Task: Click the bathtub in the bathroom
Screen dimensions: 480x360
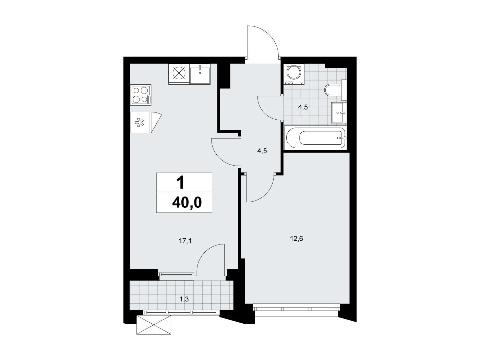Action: click(315, 138)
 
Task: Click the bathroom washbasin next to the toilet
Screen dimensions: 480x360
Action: click(339, 112)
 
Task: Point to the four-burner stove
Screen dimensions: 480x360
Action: click(141, 95)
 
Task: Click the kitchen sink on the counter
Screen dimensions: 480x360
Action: click(200, 74)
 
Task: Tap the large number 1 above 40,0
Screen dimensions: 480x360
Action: click(181, 183)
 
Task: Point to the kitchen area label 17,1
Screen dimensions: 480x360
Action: click(185, 241)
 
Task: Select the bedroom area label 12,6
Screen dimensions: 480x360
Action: click(297, 239)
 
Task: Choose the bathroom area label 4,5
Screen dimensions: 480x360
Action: click(303, 107)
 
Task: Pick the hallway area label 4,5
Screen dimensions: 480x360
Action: click(262, 151)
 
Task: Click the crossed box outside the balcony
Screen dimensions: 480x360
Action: click(154, 325)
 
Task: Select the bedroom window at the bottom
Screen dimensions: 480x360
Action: click(296, 309)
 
